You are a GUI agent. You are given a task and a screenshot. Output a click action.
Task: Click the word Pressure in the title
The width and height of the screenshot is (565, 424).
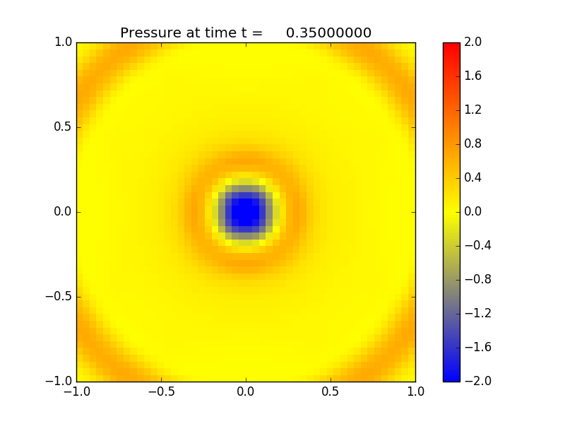[x=149, y=33]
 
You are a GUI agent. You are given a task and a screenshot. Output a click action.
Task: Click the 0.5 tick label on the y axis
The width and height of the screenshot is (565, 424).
[x=61, y=127]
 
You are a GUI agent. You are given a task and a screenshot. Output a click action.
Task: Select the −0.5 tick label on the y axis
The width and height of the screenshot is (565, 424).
[x=59, y=297]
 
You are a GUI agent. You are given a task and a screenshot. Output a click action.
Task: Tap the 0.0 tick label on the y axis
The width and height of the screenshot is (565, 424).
[x=61, y=212]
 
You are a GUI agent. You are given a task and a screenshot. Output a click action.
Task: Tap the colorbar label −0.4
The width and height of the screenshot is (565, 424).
[x=477, y=246]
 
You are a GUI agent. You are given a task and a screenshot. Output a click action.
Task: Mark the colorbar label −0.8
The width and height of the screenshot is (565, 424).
[x=477, y=280]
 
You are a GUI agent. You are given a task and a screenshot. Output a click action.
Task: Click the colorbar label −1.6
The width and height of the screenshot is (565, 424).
[x=477, y=348]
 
